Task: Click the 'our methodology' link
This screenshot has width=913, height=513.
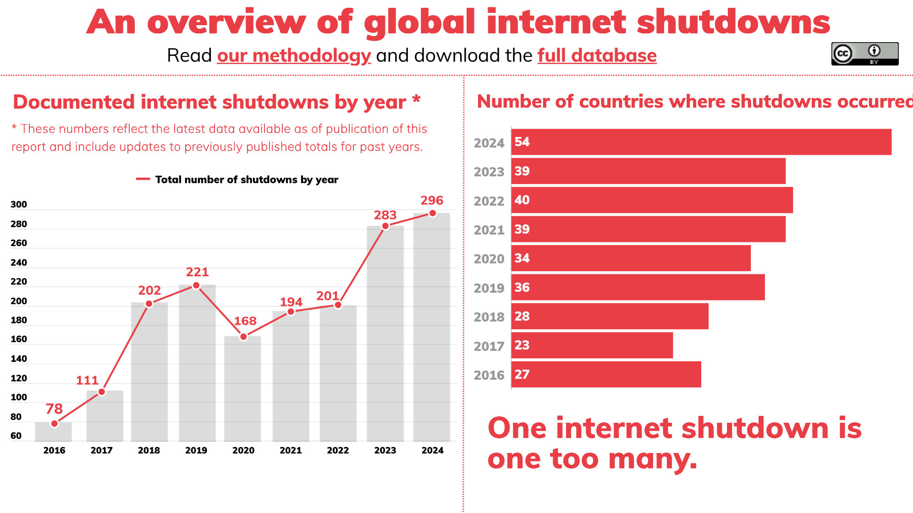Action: click(294, 56)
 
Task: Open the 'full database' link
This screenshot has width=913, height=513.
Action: click(597, 56)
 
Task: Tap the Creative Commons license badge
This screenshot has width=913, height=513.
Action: click(864, 54)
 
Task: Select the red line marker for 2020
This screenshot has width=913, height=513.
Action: click(243, 337)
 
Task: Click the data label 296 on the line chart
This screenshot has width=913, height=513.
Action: click(432, 201)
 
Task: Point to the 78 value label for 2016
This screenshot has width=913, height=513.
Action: click(54, 409)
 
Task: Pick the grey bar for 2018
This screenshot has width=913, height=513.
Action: click(149, 371)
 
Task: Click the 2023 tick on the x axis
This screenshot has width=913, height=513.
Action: click(385, 450)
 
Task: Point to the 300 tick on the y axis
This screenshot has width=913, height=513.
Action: click(19, 205)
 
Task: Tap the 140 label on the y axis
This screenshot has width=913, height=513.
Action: click(19, 359)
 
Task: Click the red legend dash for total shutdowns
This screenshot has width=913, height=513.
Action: click(143, 179)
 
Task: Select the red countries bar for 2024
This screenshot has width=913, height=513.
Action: click(701, 142)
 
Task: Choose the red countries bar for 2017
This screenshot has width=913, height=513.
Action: click(592, 345)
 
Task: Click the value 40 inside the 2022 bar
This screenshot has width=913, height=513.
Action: click(522, 200)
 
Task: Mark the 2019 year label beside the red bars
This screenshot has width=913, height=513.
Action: click(489, 288)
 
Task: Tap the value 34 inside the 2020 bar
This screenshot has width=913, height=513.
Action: click(522, 258)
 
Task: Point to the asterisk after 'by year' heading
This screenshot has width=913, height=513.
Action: click(416, 99)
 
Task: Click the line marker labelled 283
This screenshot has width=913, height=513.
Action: click(385, 226)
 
